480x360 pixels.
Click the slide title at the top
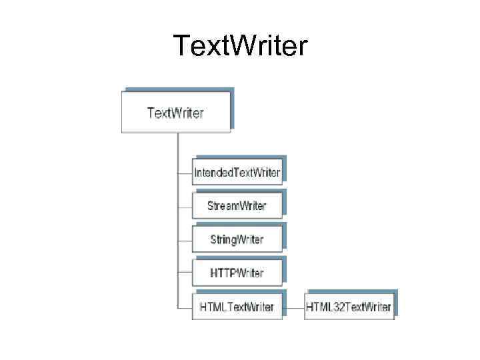[240, 45]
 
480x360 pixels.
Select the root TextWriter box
[176, 112]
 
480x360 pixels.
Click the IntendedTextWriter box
[237, 173]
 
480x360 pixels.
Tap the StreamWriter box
[237, 206]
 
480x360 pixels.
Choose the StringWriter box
[237, 239]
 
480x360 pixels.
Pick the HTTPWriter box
[237, 273]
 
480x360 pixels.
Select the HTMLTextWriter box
[237, 307]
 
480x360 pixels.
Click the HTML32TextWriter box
[349, 307]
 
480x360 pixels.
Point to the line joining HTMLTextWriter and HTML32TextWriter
[293, 307]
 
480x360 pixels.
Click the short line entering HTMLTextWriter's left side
[185, 307]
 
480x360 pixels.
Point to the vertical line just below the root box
[177, 147]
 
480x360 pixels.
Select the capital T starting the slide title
[181, 45]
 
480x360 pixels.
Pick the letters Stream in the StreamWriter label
[222, 206]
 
